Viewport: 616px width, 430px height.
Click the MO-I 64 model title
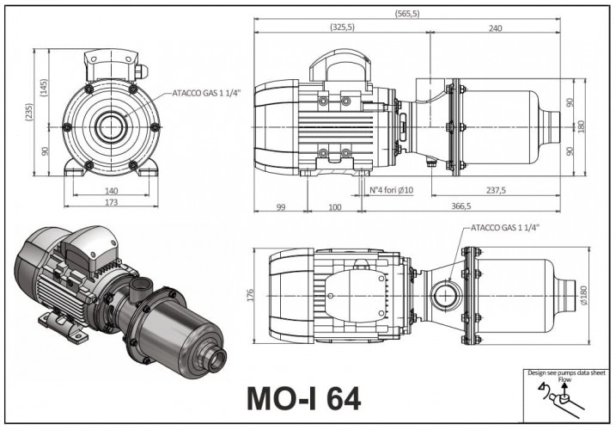point(304,398)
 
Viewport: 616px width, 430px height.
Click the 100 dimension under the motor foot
point(335,206)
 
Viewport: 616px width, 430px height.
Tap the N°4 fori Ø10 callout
point(392,190)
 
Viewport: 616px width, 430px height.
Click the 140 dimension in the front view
point(110,191)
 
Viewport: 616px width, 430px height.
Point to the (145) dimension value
point(42,88)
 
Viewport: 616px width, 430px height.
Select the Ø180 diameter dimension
point(584,294)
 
